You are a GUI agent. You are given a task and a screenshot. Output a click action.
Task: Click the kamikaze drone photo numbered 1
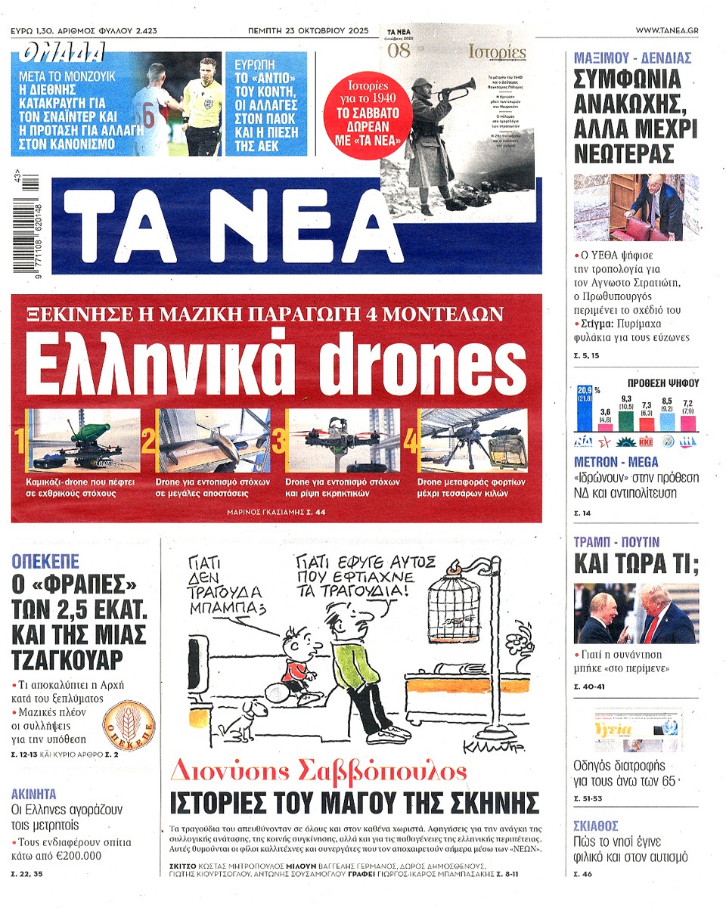pyautogui.click(x=83, y=441)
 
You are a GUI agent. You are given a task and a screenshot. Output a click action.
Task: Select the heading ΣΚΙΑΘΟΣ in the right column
pyautogui.click(x=595, y=825)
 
